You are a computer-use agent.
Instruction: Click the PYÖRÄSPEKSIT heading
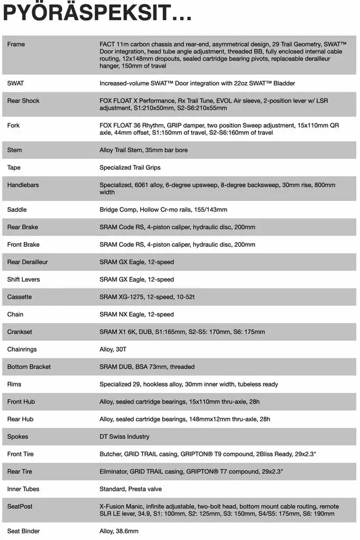[97, 13]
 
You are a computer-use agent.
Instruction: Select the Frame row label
[16, 44]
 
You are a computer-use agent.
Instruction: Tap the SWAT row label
[15, 83]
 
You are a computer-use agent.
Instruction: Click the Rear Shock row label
[23, 101]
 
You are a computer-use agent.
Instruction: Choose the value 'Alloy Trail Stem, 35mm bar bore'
[143, 150]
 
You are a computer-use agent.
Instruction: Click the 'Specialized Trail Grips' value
[130, 168]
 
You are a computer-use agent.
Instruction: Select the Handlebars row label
[23, 185]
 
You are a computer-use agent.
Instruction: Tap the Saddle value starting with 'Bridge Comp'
[163, 210]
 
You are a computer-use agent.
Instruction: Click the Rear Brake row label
[22, 227]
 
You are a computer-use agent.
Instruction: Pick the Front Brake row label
[23, 245]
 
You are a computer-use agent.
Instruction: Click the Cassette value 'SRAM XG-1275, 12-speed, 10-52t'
[147, 297]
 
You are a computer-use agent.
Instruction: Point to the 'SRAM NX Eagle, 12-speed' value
[137, 314]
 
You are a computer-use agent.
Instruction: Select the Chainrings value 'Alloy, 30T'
[114, 349]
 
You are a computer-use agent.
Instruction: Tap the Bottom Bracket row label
[29, 367]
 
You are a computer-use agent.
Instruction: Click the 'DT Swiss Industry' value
[124, 437]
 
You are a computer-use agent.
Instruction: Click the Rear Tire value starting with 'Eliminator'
[191, 471]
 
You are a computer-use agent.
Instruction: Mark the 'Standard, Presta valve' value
[131, 489]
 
